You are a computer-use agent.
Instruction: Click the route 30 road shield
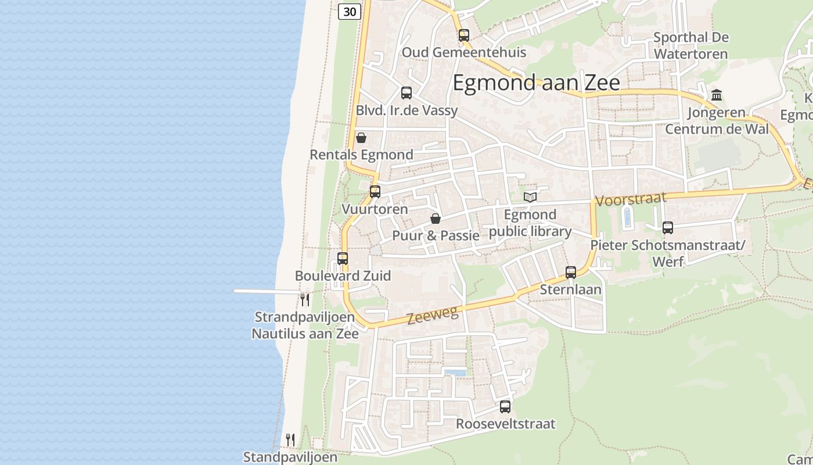pyautogui.click(x=350, y=11)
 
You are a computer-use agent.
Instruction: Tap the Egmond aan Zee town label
pyautogui.click(x=536, y=83)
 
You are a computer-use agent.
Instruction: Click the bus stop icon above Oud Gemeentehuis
pyautogui.click(x=463, y=35)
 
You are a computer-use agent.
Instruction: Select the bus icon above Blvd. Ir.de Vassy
pyautogui.click(x=406, y=92)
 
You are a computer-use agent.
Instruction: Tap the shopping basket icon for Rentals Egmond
pyautogui.click(x=361, y=138)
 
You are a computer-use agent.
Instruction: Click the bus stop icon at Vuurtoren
pyautogui.click(x=375, y=191)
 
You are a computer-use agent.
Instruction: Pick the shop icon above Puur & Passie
pyautogui.click(x=436, y=219)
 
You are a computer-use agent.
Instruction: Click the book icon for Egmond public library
pyautogui.click(x=530, y=197)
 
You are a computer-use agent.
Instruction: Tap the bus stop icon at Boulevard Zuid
pyautogui.click(x=343, y=259)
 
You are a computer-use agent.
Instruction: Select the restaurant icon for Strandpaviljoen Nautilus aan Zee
pyautogui.click(x=305, y=300)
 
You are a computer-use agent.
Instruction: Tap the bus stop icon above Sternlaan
pyautogui.click(x=571, y=272)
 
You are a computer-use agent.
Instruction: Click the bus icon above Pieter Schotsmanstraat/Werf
pyautogui.click(x=668, y=228)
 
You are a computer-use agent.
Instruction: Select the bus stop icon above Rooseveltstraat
pyautogui.click(x=505, y=407)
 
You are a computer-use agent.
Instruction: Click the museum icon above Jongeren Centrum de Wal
pyautogui.click(x=717, y=95)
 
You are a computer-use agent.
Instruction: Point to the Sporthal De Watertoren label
pyautogui.click(x=690, y=46)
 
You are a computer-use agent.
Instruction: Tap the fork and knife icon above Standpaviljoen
pyautogui.click(x=290, y=440)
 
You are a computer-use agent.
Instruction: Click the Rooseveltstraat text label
pyautogui.click(x=505, y=424)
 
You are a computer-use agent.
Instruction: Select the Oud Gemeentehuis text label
pyautogui.click(x=463, y=52)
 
